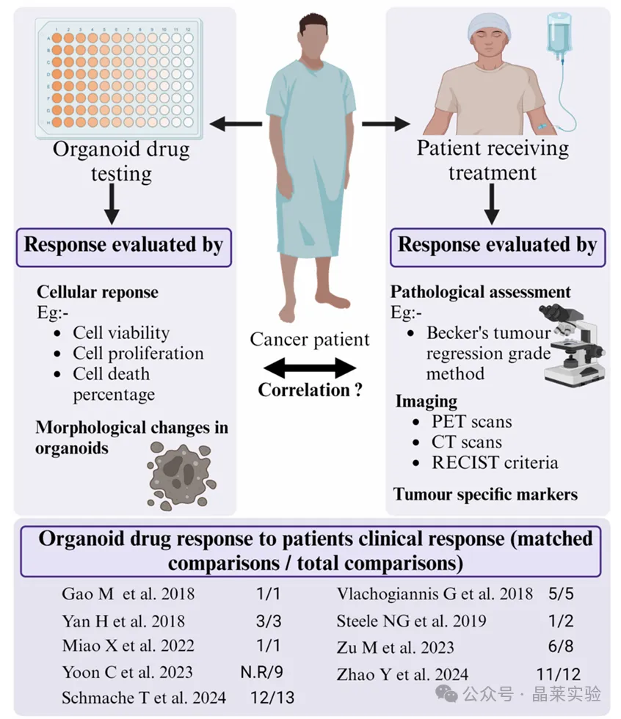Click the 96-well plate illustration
click(119, 78)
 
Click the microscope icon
click(572, 343)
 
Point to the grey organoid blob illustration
click(181, 476)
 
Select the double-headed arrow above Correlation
click(310, 368)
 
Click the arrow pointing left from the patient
click(236, 123)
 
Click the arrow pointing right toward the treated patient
click(386, 123)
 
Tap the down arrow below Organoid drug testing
click(112, 204)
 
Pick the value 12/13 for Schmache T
click(272, 698)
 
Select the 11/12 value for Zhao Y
click(559, 674)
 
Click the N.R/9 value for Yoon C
click(262, 672)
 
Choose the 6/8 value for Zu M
click(561, 646)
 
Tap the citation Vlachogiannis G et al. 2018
click(435, 594)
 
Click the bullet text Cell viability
click(121, 332)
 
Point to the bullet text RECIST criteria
click(495, 462)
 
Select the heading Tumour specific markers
click(485, 494)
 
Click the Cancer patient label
click(310, 339)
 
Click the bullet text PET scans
click(471, 421)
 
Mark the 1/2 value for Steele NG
click(561, 621)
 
